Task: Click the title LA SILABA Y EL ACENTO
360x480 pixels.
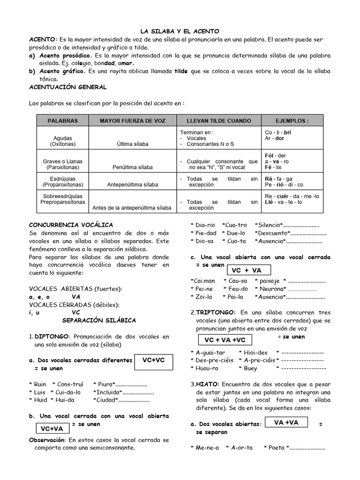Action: click(x=180, y=31)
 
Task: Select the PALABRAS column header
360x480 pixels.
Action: click(x=62, y=120)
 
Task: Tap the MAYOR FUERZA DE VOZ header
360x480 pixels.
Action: click(x=133, y=120)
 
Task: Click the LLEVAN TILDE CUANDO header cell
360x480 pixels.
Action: click(x=219, y=120)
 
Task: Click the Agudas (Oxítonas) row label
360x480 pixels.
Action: click(x=63, y=141)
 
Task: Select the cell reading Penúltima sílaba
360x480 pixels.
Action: click(x=132, y=167)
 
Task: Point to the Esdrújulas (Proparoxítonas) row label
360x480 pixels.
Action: click(x=63, y=182)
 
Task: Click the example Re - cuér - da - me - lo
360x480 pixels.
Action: click(x=292, y=196)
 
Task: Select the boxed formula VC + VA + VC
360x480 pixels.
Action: click(x=225, y=340)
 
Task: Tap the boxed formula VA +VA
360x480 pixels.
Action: click(x=286, y=422)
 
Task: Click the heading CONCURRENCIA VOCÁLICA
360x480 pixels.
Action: click(x=71, y=225)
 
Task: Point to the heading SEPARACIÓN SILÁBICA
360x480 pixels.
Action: click(x=99, y=320)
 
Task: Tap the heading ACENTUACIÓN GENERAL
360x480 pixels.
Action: click(x=67, y=87)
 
